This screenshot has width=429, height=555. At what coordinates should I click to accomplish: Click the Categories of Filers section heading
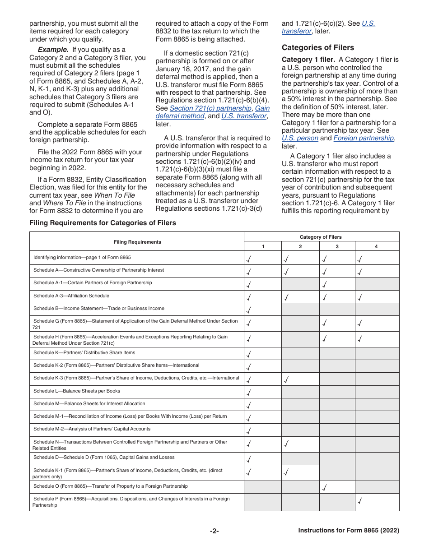tap(318, 47)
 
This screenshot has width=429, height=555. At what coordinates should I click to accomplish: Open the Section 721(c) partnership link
tap(210, 108)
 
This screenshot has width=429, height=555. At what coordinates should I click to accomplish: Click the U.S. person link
tap(300, 138)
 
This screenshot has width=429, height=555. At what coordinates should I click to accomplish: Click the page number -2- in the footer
tap(214, 531)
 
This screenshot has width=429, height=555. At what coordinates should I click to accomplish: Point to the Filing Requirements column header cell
tap(137, 242)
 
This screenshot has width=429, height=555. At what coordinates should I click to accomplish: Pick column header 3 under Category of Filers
tap(337, 246)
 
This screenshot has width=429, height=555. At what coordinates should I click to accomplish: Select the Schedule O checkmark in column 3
tap(325, 487)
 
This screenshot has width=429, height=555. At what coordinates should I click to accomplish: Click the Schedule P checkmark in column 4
tap(360, 500)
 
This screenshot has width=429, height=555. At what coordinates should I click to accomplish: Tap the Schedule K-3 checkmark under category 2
tap(286, 379)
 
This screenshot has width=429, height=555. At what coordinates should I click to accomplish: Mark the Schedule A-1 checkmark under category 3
tap(325, 284)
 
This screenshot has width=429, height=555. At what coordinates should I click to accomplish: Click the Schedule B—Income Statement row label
tap(99, 309)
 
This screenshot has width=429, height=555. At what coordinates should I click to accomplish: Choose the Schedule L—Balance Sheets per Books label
tap(77, 391)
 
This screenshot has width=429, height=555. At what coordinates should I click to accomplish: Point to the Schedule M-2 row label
tap(92, 429)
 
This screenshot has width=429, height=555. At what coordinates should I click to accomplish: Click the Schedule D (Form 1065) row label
tap(104, 458)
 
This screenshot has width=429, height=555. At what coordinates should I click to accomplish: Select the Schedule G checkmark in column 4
tap(360, 323)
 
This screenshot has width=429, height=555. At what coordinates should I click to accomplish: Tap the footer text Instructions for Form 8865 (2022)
tap(349, 531)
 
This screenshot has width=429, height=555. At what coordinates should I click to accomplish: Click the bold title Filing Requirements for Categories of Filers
tap(103, 223)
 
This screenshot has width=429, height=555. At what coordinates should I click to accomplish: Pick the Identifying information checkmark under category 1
tap(249, 259)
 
